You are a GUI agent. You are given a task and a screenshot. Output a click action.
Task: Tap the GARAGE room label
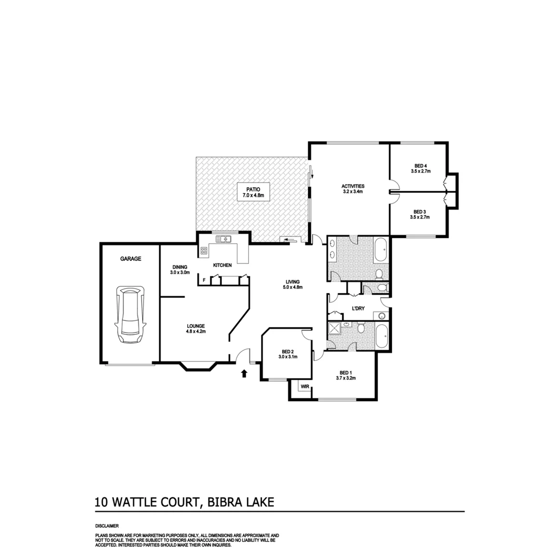tap(131, 258)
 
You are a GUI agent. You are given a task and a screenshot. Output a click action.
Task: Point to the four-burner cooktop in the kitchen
tap(204, 251)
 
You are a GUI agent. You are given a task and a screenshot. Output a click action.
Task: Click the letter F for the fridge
tap(204, 281)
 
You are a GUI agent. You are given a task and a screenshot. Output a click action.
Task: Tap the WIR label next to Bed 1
tap(304, 386)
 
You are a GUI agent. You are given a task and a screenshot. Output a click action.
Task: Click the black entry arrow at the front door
tap(244, 373)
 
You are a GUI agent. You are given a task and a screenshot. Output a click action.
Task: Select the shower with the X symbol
tap(335, 329)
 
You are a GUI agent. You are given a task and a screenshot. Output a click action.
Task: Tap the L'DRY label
tap(358, 309)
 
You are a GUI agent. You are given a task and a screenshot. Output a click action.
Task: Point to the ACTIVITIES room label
tap(353, 186)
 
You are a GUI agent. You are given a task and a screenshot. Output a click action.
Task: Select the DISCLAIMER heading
tap(107, 526)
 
